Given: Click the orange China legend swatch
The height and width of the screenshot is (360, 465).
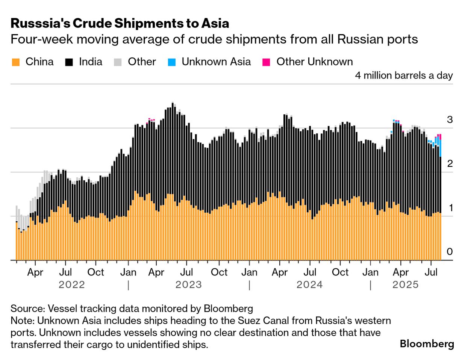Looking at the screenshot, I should (x=16, y=62).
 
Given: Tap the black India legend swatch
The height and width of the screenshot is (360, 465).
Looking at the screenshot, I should (x=69, y=62).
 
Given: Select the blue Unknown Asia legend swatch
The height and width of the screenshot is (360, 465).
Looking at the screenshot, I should (x=172, y=62).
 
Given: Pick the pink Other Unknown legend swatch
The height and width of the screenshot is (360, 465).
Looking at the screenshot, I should (x=267, y=62).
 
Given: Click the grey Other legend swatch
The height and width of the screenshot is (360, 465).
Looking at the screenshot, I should (x=118, y=62).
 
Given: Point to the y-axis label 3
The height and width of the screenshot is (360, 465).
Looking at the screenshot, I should (x=450, y=120).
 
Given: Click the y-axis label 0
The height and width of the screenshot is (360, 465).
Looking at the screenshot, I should (x=450, y=252).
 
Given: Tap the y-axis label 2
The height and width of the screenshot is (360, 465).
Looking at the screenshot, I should (x=450, y=164).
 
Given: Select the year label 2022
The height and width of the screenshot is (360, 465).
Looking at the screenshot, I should (x=72, y=285).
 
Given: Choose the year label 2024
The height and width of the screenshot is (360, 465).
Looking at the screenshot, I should (x=309, y=285).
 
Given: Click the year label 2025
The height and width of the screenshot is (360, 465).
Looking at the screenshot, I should (x=405, y=285).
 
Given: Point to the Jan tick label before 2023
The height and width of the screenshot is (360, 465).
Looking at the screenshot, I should (x=128, y=272).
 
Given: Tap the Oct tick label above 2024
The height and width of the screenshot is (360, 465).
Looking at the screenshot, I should (x=340, y=272).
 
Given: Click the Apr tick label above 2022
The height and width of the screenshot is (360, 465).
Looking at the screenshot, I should (x=35, y=272).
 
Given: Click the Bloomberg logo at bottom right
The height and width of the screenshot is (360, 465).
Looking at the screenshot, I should (x=427, y=343).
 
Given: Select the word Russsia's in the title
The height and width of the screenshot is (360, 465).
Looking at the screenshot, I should (x=40, y=23).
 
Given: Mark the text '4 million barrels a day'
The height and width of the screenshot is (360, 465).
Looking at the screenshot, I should (x=404, y=76).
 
